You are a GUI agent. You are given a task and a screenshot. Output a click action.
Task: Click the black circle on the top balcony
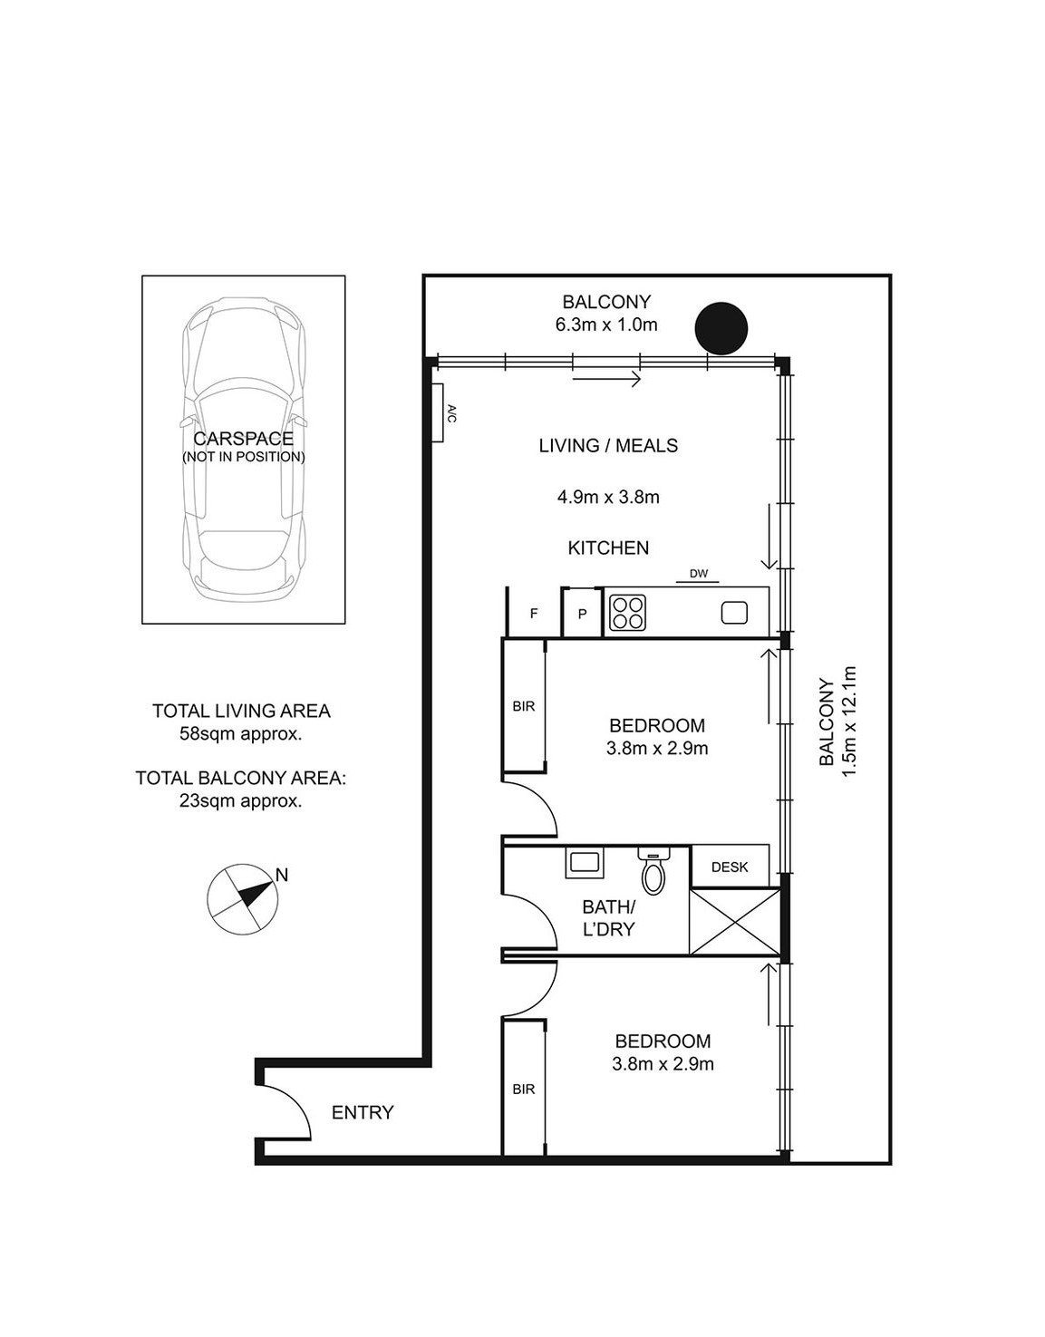(x=721, y=329)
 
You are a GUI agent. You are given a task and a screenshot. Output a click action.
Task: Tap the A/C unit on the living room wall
(x=439, y=412)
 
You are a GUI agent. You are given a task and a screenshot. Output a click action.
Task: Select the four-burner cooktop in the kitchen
(x=627, y=613)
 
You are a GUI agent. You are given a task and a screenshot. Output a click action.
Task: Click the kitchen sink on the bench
(x=734, y=613)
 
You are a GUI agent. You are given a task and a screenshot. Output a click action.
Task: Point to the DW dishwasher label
(x=699, y=574)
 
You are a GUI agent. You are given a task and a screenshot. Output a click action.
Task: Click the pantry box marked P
(x=581, y=613)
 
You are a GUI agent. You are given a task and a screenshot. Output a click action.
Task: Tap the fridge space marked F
(x=533, y=613)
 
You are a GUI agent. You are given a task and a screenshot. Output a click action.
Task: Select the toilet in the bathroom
(x=653, y=869)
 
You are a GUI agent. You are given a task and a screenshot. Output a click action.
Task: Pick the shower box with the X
(x=734, y=921)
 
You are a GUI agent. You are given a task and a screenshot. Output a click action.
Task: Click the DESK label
(x=730, y=867)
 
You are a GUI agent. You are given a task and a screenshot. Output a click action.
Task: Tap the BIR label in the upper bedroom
(x=524, y=706)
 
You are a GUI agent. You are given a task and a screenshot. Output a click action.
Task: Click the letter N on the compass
(x=282, y=875)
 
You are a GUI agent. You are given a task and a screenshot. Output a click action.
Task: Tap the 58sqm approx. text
(x=240, y=734)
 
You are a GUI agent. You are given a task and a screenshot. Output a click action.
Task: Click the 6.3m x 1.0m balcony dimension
(x=605, y=325)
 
